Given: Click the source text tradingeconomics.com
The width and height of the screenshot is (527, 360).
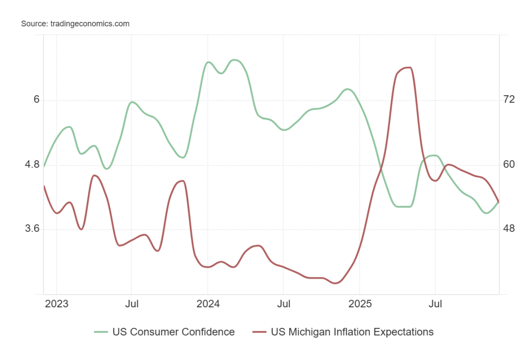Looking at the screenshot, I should click(x=75, y=23).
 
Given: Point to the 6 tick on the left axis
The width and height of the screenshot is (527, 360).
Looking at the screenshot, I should click(x=36, y=100).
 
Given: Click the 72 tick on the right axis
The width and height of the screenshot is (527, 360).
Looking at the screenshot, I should click(x=509, y=100).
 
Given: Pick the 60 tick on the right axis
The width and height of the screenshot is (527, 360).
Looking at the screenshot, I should click(x=509, y=164).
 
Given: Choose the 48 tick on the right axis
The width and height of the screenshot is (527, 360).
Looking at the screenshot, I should click(x=509, y=229).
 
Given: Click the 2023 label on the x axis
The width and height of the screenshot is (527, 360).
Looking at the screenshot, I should click(x=57, y=304).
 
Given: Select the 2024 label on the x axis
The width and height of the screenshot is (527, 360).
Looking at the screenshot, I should click(x=207, y=304).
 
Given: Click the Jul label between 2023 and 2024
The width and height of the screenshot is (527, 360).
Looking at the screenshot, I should click(x=131, y=304).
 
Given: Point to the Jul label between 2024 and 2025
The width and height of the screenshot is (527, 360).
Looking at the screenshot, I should click(x=284, y=304).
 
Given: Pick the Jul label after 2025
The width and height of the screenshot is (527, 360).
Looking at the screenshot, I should click(x=435, y=304).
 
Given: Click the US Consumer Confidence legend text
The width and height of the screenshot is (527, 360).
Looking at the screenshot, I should click(x=173, y=332).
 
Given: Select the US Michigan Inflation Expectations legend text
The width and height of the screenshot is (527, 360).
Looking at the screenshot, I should click(x=352, y=332).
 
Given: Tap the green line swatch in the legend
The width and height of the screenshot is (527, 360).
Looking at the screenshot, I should click(x=101, y=332).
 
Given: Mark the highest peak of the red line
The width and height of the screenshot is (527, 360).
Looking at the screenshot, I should click(x=409, y=68).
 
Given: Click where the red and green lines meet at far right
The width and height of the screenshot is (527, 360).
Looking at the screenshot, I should click(x=498, y=201).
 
